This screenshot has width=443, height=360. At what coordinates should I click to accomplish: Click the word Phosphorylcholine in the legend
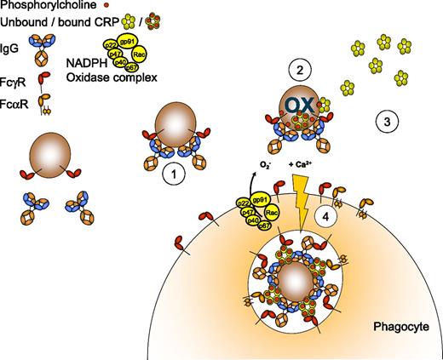(38, 6)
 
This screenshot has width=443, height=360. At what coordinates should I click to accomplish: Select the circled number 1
(174, 174)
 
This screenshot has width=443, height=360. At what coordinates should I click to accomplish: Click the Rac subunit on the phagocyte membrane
(270, 213)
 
